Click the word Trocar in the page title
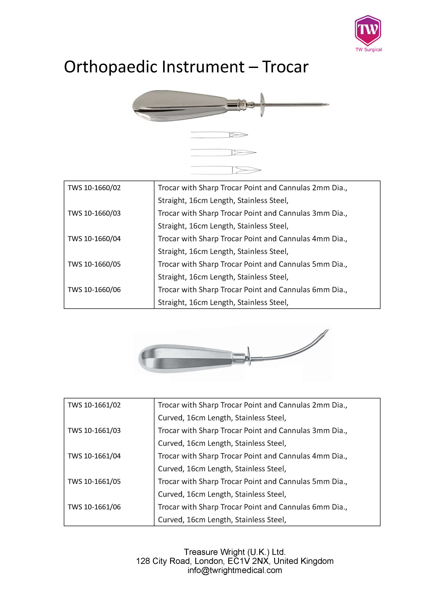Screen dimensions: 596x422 (x=285, y=67)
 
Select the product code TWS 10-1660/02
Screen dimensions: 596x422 (x=94, y=188)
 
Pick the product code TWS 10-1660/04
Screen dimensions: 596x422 (x=94, y=239)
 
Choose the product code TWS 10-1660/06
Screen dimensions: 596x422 (x=94, y=290)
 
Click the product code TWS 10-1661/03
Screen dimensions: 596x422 (x=94, y=430)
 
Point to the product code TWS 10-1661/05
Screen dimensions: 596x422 (x=94, y=481)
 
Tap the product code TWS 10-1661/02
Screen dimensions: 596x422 (x=94, y=405)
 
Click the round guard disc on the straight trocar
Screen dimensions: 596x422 (x=262, y=105)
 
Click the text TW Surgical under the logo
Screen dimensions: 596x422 (x=368, y=50)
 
